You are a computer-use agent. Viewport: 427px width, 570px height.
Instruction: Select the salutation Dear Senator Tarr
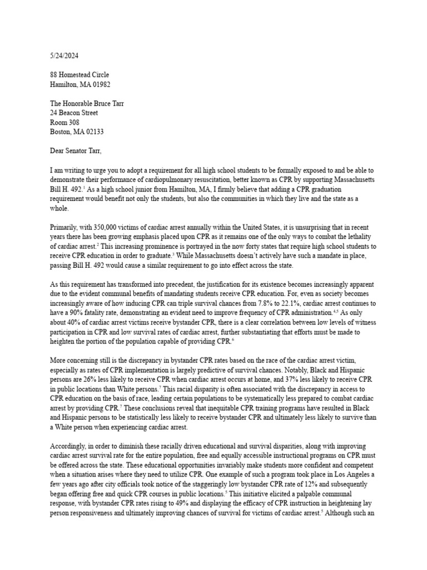coord(76,151)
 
